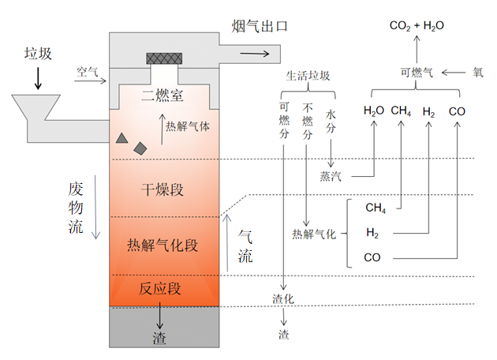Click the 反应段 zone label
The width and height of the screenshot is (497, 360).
point(162,288)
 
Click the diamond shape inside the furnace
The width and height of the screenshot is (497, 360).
point(140,148)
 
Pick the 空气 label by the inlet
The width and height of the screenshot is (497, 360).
point(87,72)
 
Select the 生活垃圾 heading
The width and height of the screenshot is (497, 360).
point(308,76)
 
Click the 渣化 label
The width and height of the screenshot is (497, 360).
point(282,298)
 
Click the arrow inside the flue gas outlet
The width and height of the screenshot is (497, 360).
point(254,53)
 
